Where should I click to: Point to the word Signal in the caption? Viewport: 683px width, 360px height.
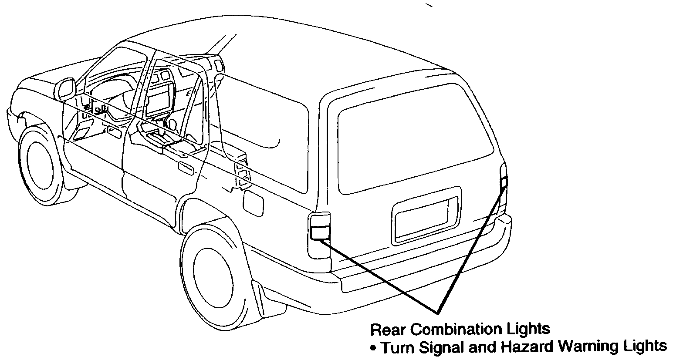tap(440, 347)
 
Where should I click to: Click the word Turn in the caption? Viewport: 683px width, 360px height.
tap(397, 347)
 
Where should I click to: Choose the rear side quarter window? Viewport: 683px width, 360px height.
tap(261, 126)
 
